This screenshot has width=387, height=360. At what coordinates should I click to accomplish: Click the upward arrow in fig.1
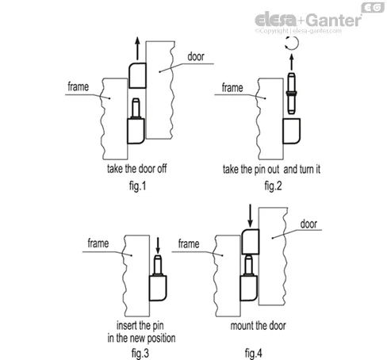(x=137, y=48)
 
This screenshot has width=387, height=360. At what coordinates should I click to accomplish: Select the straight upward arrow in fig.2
(x=292, y=62)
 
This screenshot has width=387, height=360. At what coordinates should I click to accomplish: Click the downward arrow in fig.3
(x=158, y=246)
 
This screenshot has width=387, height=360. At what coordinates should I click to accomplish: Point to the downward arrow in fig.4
(x=250, y=216)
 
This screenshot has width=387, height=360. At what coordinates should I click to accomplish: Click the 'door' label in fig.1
(x=196, y=56)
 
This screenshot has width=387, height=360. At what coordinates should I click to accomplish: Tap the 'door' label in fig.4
(x=308, y=224)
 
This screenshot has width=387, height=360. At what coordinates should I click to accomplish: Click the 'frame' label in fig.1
(x=79, y=86)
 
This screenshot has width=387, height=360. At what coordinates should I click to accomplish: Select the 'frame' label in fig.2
(x=232, y=87)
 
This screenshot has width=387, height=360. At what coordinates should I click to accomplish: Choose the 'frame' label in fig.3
(x=98, y=243)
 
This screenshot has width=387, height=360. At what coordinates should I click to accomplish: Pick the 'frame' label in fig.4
(x=189, y=243)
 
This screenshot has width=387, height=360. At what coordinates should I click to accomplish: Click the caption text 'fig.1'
(x=138, y=186)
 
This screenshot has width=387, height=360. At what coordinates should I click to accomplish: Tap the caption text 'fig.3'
(x=140, y=353)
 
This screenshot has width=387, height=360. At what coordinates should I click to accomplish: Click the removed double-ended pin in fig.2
(x=291, y=94)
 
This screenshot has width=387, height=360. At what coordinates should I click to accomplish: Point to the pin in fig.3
(x=158, y=266)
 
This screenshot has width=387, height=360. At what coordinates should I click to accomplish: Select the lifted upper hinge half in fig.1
(x=137, y=75)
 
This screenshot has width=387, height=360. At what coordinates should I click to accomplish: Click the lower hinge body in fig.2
(x=292, y=131)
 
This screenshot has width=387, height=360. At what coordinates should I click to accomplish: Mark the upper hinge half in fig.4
(x=251, y=242)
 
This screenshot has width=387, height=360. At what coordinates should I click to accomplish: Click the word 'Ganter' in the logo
(x=334, y=20)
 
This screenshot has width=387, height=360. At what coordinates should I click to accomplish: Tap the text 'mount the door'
(x=258, y=326)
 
